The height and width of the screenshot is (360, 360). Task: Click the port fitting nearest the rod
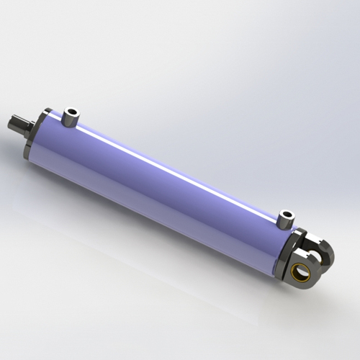click(70, 118)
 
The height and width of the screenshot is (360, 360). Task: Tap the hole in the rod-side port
click(71, 111)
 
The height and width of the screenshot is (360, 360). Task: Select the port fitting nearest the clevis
click(287, 220)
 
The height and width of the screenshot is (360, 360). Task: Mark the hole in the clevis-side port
click(287, 214)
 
